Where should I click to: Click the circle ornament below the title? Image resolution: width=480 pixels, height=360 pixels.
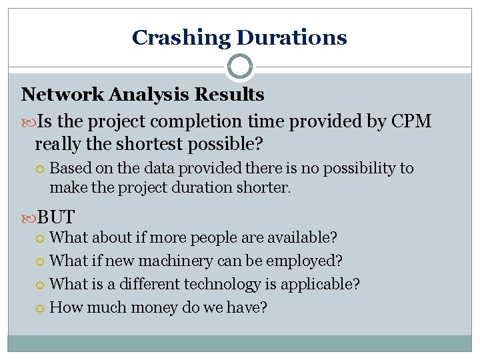[240, 67]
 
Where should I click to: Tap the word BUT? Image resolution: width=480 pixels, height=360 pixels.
[56, 217]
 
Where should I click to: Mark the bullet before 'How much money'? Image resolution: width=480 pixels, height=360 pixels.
[41, 307]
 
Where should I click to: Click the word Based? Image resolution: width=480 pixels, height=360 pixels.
[70, 169]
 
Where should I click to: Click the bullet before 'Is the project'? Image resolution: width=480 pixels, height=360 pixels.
[28, 122]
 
